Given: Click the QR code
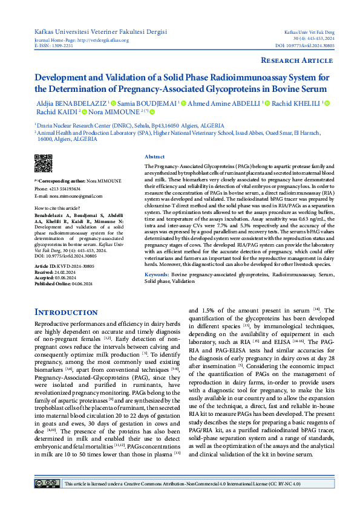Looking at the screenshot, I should (43, 164).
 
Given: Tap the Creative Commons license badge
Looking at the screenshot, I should (46, 484).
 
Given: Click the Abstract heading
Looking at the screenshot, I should (155, 156).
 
